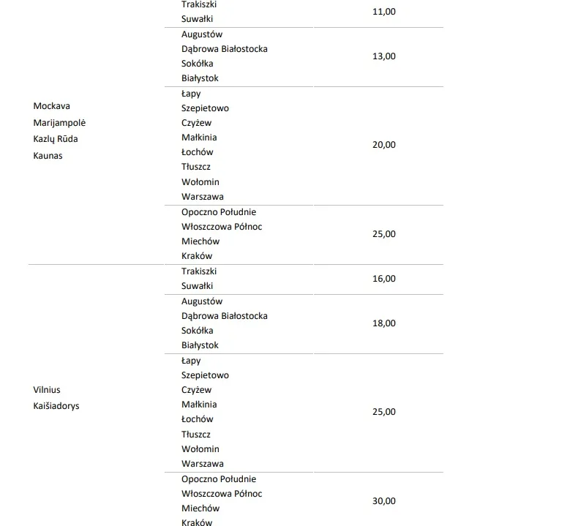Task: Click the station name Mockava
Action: point(51,106)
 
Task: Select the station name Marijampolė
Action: point(64,122)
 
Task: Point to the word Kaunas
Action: point(48,155)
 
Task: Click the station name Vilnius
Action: point(47,390)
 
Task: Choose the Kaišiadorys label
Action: point(56,405)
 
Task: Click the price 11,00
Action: point(384,12)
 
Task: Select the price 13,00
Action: point(384,56)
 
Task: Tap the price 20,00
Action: point(384,145)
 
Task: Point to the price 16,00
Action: point(384,279)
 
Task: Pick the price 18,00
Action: point(384,323)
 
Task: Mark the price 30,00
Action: point(384,501)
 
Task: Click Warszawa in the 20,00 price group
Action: point(203,197)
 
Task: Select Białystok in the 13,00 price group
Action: point(200,78)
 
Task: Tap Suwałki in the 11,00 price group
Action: point(198,19)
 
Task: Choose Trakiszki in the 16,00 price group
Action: point(199,271)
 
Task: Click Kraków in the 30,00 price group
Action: point(197,522)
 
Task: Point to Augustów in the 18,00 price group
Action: point(202,301)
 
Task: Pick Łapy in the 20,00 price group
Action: point(191,94)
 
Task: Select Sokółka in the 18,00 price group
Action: point(198,331)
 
